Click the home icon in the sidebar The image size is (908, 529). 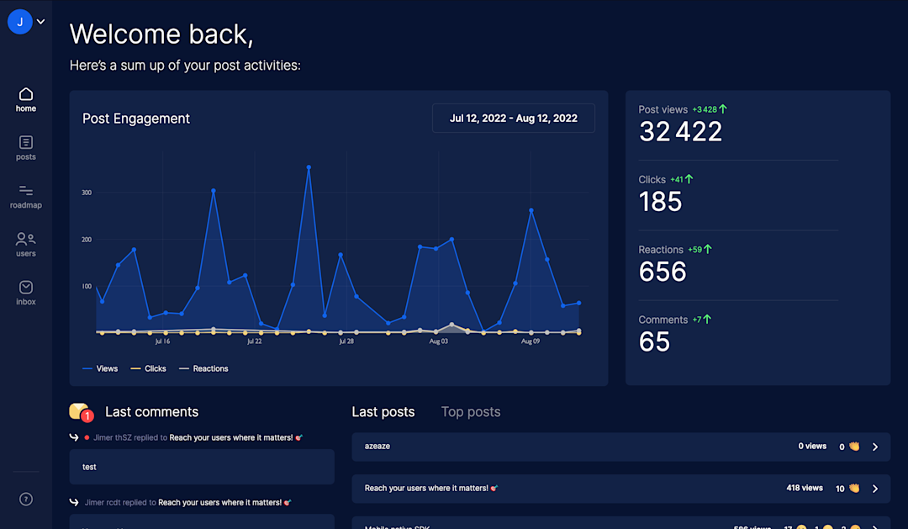(26, 93)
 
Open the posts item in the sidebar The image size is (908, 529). (26, 142)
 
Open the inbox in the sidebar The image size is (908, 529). (26, 288)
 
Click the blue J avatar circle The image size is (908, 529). (20, 22)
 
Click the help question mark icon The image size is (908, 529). (26, 500)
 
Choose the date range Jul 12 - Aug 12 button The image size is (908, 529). (513, 119)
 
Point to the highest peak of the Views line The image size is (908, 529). (309, 167)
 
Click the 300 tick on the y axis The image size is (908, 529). (87, 193)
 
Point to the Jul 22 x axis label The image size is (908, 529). (254, 341)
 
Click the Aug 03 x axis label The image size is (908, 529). (439, 341)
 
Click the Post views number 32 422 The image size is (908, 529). (680, 131)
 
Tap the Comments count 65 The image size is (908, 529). (654, 341)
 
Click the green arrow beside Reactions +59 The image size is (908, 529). (708, 249)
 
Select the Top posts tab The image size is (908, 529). (471, 412)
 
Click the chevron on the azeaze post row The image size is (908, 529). (875, 447)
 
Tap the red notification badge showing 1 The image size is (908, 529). (87, 415)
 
